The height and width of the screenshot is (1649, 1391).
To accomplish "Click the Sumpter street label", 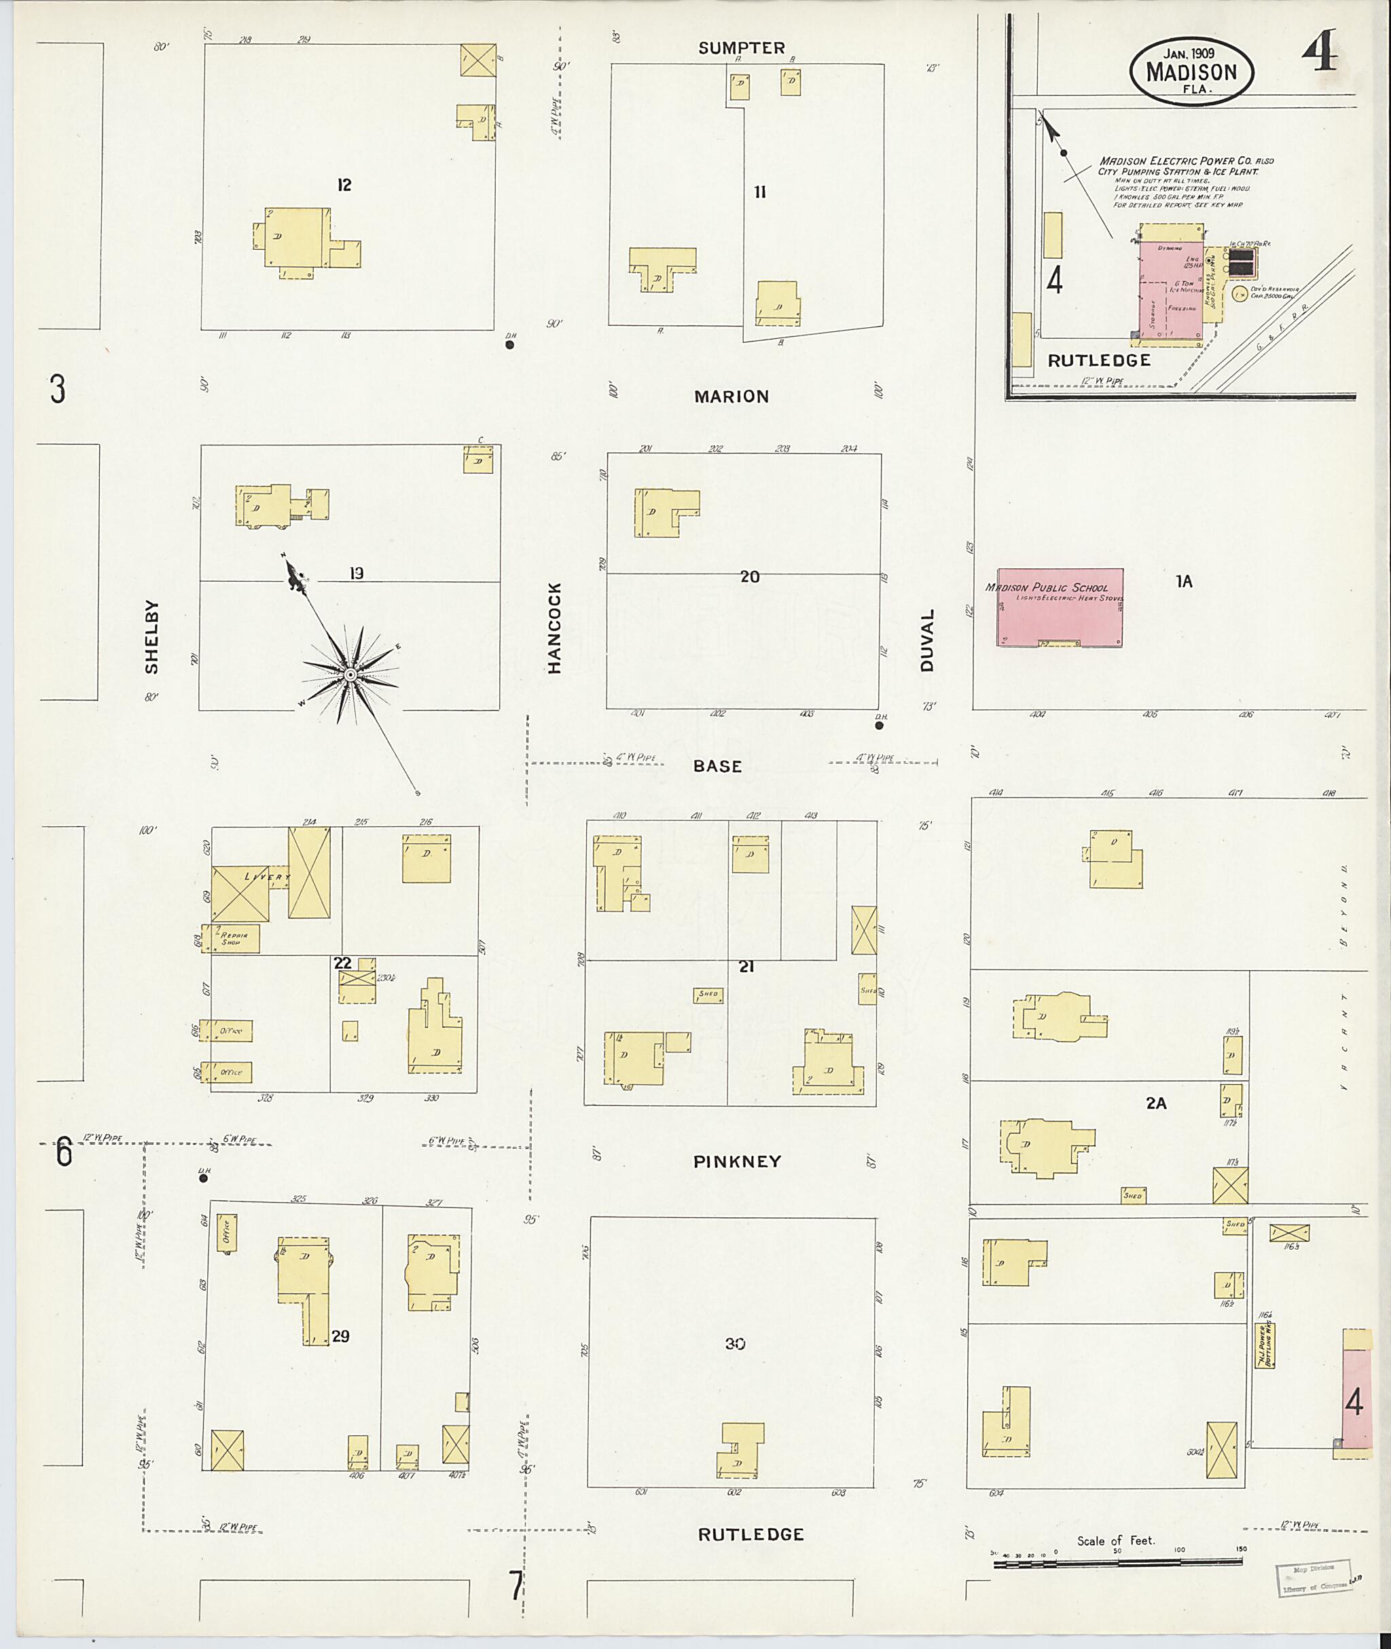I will click(x=741, y=48).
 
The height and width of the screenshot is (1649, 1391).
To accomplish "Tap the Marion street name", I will click(x=731, y=396).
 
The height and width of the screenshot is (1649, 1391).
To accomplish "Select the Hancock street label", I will click(x=554, y=628).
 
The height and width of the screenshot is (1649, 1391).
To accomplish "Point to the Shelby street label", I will click(x=151, y=637).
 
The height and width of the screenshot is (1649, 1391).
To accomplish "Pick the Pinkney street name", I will click(x=738, y=1161).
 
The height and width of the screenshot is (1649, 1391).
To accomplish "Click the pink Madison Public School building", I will click(x=1060, y=608).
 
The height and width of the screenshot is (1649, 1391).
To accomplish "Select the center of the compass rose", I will click(x=349, y=675).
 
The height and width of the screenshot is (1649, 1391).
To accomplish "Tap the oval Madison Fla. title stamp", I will click(x=1191, y=71).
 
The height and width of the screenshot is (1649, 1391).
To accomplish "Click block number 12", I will click(x=344, y=185).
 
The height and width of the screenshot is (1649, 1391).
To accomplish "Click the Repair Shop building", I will click(x=232, y=939).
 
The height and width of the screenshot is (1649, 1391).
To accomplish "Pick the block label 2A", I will click(x=1156, y=1104).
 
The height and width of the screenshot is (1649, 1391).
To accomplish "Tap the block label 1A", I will click(x=1184, y=582).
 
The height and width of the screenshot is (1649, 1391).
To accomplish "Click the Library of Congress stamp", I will click(x=1313, y=1579).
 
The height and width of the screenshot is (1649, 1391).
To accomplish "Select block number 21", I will click(x=746, y=966).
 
